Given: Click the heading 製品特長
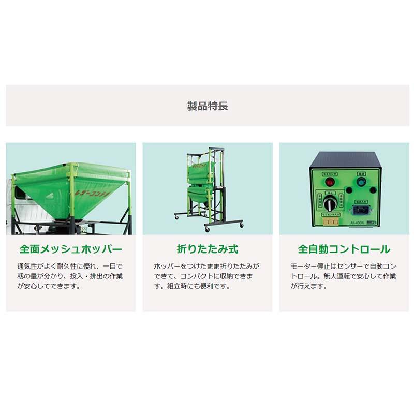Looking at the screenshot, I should pos(207,107).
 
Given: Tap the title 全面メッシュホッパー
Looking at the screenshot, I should pos(71,249).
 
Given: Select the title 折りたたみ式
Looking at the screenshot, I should pos(207,249).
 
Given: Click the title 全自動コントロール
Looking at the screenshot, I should pos(344,249).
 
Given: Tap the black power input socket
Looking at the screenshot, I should pos(361,210).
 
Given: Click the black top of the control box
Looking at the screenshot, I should pos(345,160).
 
